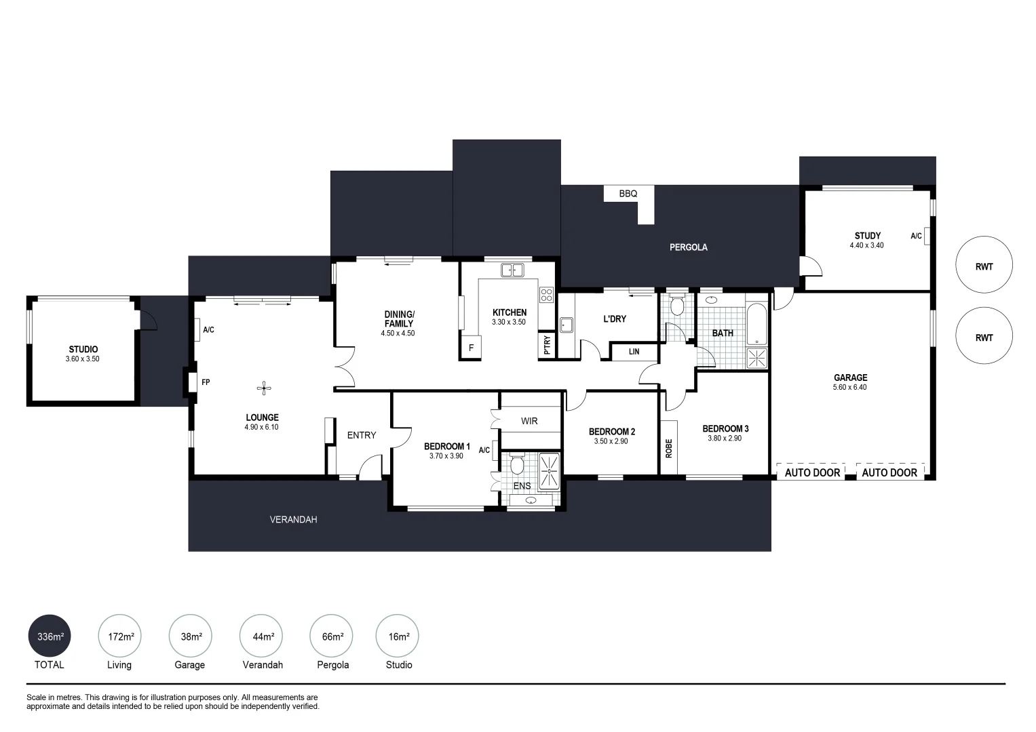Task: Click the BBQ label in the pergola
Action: [628, 194]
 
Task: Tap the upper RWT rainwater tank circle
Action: [984, 266]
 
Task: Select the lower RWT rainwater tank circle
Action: [984, 338]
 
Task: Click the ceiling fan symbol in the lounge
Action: [264, 388]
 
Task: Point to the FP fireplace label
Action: [206, 382]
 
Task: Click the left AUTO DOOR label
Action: [812, 472]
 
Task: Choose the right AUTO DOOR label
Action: [889, 472]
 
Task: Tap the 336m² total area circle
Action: [50, 636]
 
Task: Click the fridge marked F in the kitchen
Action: [471, 348]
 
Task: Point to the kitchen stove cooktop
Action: [546, 295]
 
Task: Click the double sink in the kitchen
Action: [513, 270]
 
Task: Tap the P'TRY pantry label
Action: [547, 346]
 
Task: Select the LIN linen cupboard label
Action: [634, 352]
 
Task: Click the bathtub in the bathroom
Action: [756, 325]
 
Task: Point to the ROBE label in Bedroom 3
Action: [668, 448]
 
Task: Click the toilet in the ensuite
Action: [517, 466]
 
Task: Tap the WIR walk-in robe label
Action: [529, 421]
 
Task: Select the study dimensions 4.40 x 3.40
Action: [866, 245]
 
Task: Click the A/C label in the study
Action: [915, 236]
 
